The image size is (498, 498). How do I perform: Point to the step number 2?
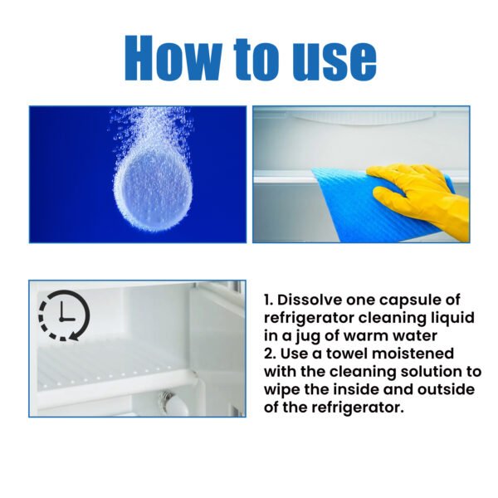267,354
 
